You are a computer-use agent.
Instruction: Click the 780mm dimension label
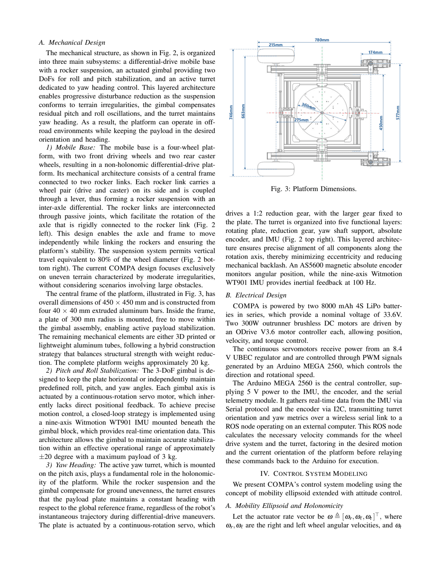pos(322,40)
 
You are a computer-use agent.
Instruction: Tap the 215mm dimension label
pos(276,45)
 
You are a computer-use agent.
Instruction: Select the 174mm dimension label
pos(375,52)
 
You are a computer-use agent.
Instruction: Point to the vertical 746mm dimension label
pos(231,112)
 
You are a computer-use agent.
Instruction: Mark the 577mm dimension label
pos(398,112)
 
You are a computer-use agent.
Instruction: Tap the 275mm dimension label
pos(302,120)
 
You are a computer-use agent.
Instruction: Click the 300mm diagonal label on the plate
pos(308,106)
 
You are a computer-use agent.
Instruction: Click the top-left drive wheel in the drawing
pos(276,56)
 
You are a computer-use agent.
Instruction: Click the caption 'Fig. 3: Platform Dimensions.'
pos(313,189)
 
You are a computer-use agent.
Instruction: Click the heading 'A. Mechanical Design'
pos(72,43)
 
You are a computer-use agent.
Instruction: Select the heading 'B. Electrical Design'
pos(256,295)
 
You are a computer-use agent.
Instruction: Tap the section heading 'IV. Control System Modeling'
pos(313,474)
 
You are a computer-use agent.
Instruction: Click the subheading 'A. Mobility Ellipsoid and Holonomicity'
pos(284,506)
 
